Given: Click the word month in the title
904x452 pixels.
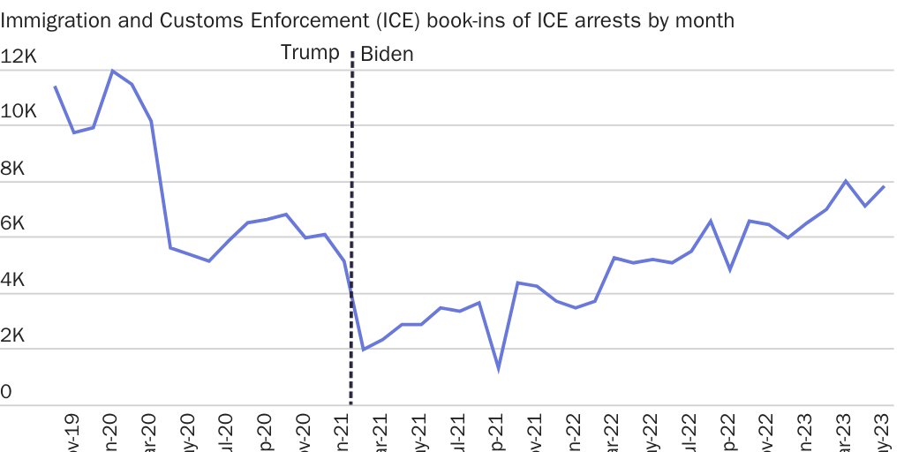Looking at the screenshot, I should (x=704, y=19).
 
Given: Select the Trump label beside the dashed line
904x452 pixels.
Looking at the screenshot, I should (x=310, y=53).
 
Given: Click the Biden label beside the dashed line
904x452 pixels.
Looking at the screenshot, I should (x=387, y=55).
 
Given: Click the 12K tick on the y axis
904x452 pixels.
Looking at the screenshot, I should (x=19, y=57).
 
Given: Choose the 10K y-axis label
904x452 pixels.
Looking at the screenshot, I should (x=19, y=113).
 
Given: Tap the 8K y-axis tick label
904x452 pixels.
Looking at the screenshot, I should (x=13, y=169).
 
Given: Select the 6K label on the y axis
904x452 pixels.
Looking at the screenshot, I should (x=13, y=224).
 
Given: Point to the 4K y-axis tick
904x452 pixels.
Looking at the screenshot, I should (x=13, y=280).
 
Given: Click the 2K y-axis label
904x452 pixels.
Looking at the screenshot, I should (x=13, y=336).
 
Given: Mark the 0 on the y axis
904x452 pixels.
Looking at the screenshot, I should (x=6, y=392).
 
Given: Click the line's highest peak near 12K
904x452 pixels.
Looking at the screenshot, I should (x=112, y=71).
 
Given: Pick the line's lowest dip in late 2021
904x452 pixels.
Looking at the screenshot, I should (x=499, y=368).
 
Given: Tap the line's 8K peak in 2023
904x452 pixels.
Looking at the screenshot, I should (x=846, y=181).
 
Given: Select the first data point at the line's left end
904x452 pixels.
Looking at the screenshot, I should (x=55, y=87).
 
